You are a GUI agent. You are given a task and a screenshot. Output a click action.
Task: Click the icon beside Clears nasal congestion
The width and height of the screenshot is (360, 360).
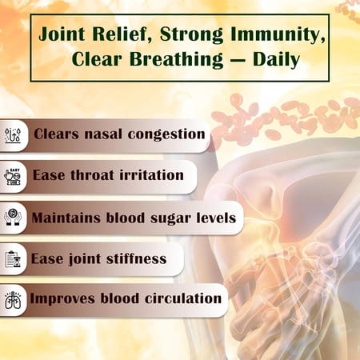coord(13,134)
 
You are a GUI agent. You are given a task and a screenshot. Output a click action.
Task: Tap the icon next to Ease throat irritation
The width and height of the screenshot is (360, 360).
coord(13,175)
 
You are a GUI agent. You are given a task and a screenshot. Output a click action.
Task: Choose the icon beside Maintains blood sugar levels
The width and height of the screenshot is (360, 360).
coord(13,217)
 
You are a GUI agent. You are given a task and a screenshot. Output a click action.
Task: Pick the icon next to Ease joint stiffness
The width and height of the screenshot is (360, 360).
coord(13,258)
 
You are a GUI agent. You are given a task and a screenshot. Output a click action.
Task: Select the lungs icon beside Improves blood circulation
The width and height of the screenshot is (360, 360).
coord(13,300)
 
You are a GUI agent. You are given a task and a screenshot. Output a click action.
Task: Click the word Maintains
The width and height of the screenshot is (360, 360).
coord(65,217)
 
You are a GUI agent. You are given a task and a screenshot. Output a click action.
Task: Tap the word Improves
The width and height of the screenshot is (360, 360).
coord(61,298)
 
